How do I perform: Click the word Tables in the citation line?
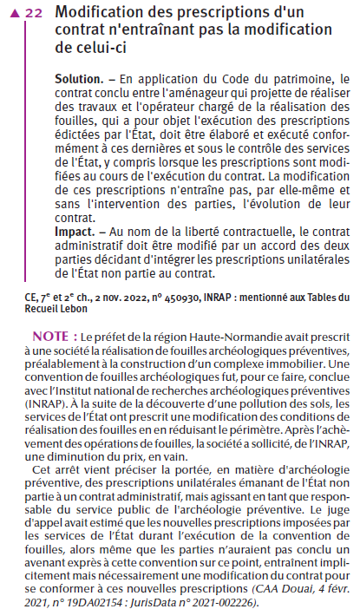[x=322, y=297]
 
